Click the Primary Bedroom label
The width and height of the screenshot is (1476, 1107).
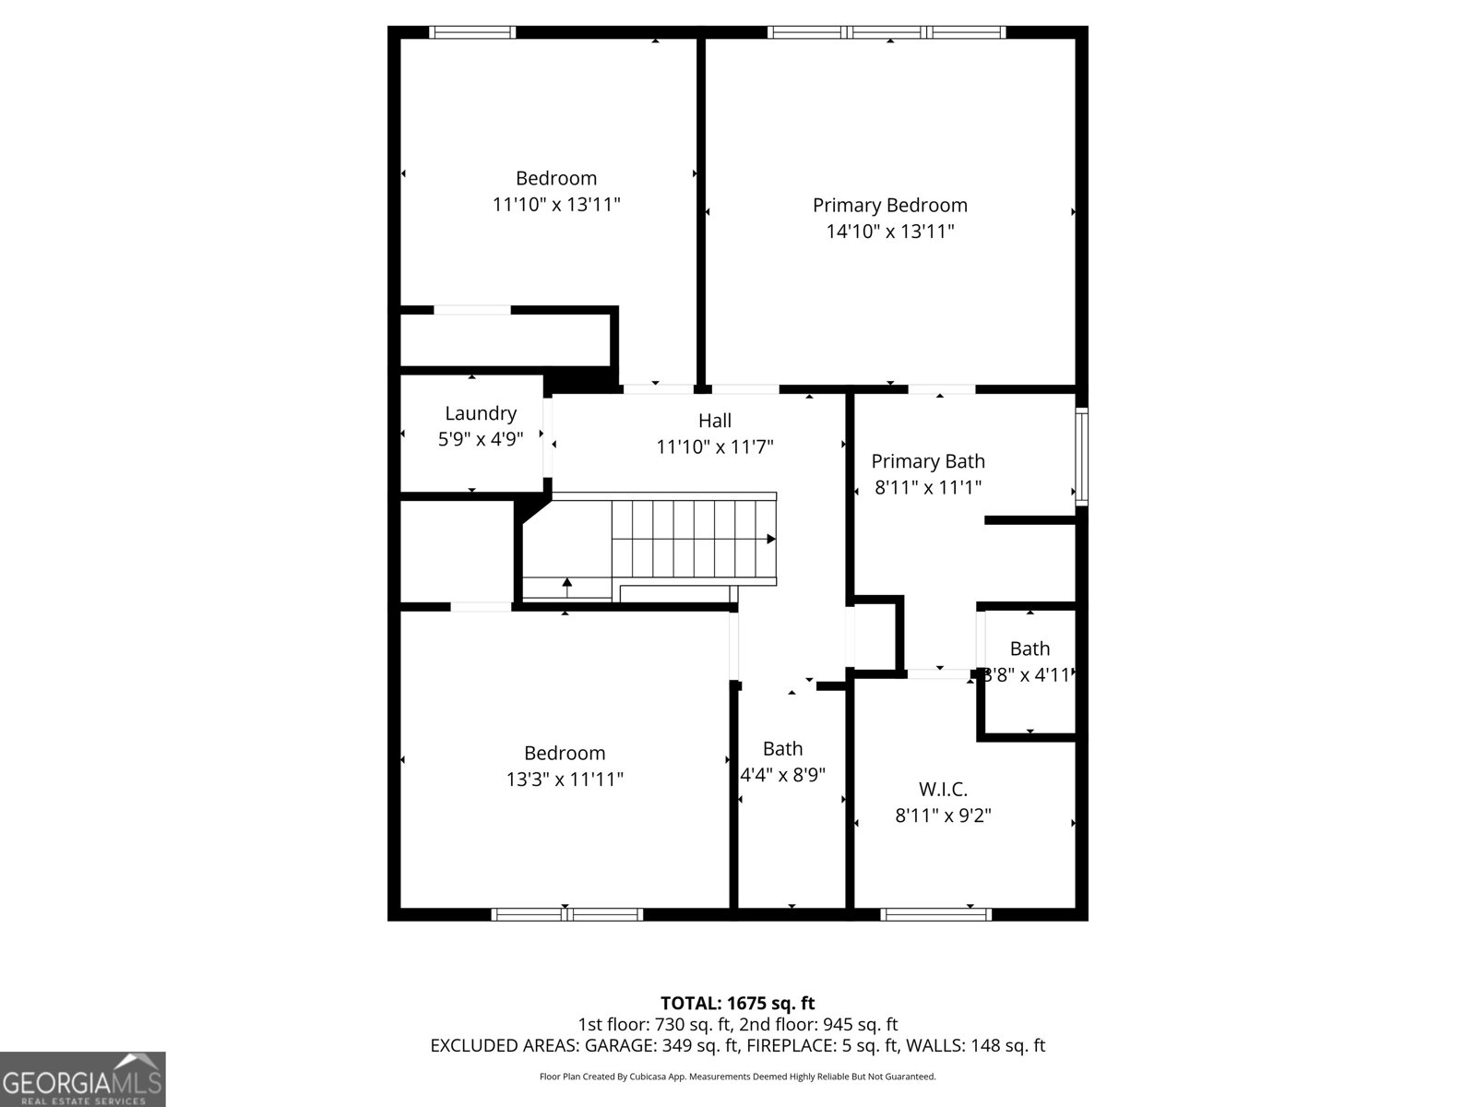click(x=889, y=205)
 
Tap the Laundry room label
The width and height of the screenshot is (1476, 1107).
click(x=480, y=413)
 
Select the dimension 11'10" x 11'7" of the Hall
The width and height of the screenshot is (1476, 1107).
click(x=714, y=447)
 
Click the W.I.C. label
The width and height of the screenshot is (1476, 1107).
click(x=943, y=790)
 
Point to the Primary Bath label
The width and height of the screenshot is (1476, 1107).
click(x=928, y=461)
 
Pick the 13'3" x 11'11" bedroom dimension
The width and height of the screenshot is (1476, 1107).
click(x=565, y=780)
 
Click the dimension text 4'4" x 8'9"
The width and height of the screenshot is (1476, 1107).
click(x=782, y=775)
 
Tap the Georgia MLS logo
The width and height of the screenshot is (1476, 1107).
click(x=82, y=1078)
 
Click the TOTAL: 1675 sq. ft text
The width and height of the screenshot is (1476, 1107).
click(x=737, y=1003)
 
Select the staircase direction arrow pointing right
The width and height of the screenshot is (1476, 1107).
click(x=770, y=539)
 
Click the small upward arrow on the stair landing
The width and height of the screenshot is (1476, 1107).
click(x=566, y=583)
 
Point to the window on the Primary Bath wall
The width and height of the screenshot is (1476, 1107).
click(x=1081, y=456)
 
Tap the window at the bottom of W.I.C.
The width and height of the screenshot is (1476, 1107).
click(x=935, y=914)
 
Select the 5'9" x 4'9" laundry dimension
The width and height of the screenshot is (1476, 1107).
click(x=480, y=439)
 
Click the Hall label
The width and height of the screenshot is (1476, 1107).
click(x=714, y=421)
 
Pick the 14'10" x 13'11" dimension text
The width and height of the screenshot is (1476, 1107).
click(x=889, y=232)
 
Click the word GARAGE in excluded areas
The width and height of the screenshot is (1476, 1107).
click(x=616, y=1045)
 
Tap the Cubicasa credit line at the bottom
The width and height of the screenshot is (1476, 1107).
click(x=737, y=1076)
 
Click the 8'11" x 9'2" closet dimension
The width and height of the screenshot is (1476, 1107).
click(x=943, y=815)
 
